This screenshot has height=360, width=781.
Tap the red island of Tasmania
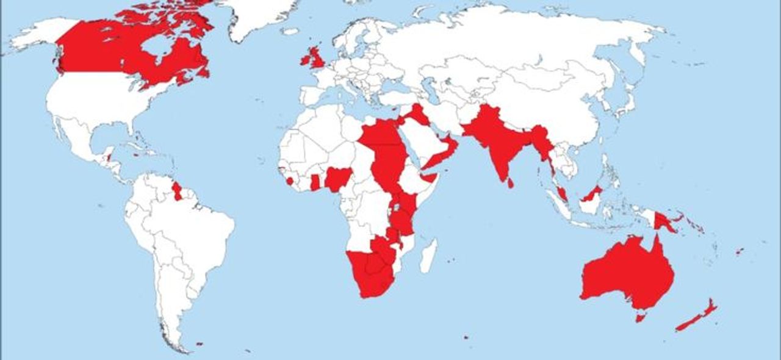point(640,317)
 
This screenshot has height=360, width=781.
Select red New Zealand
point(696,317)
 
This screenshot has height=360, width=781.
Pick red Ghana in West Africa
point(315,182)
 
